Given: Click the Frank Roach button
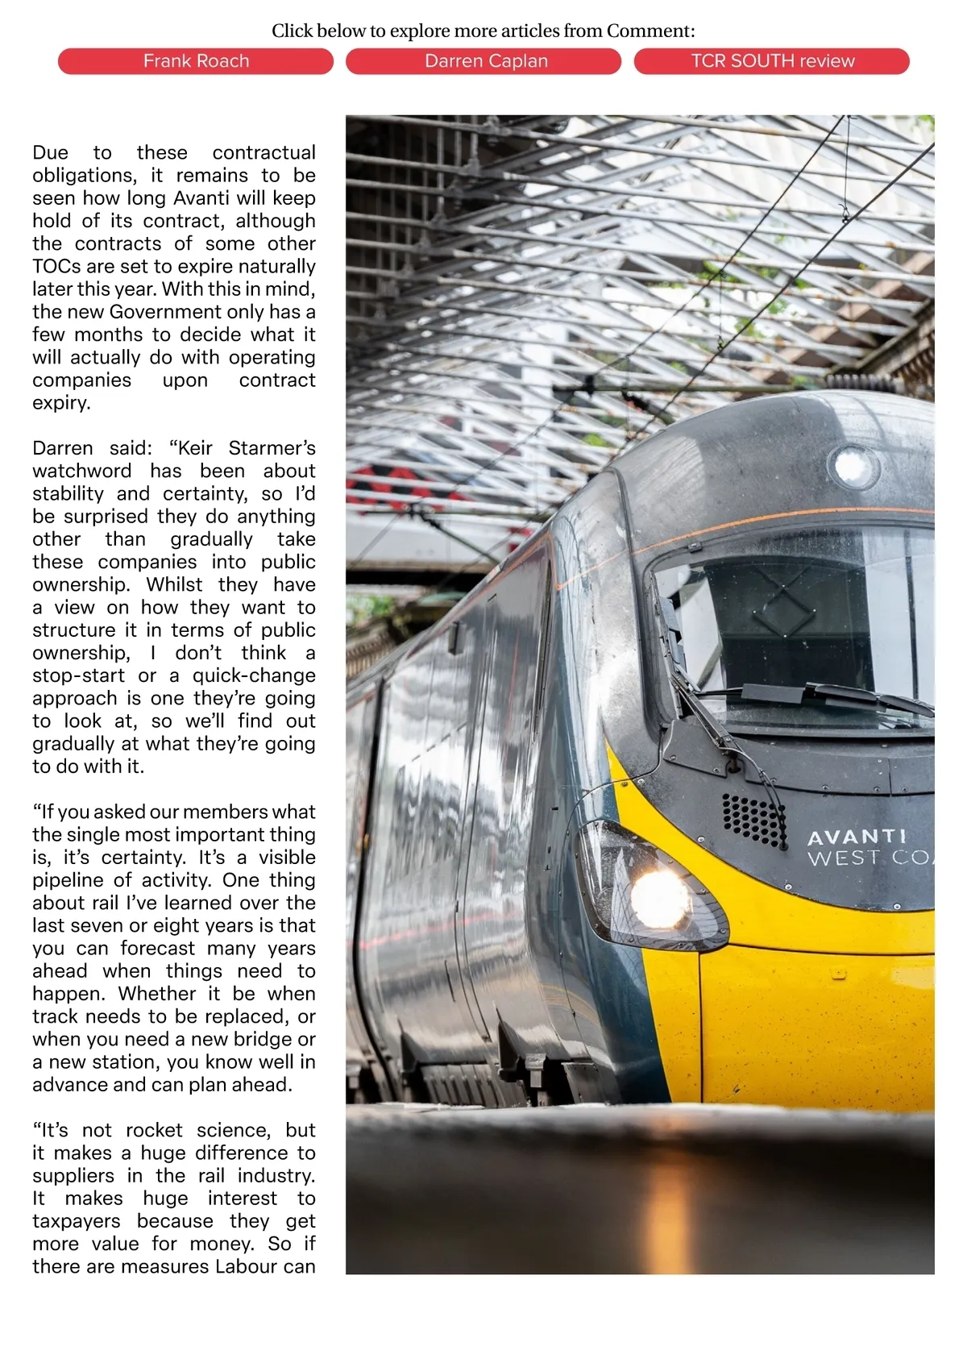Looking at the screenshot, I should click(196, 61).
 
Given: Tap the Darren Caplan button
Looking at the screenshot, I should click(486, 61).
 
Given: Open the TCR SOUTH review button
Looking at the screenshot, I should click(772, 61).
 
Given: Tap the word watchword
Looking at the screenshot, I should click(81, 471).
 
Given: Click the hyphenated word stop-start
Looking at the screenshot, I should click(78, 675).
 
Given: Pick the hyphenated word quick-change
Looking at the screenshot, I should click(253, 675).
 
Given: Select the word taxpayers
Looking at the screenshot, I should click(77, 1221).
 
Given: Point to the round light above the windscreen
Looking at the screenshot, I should click(851, 465).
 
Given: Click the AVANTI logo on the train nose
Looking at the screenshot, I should click(857, 837).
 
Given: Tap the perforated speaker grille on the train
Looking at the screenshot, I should click(753, 820).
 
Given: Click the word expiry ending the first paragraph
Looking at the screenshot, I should click(61, 403).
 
